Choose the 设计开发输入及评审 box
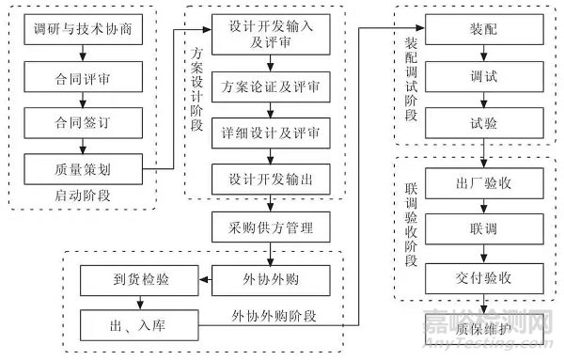272,35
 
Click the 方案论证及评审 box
272,86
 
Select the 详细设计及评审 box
272,132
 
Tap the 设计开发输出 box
272,178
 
